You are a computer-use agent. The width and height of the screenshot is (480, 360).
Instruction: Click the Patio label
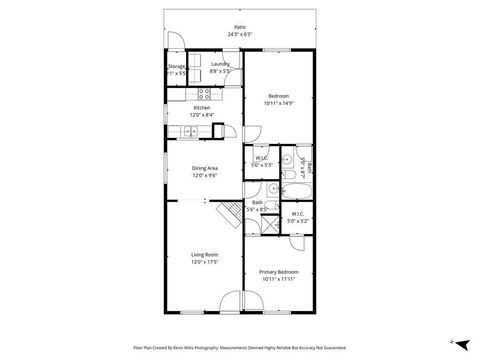click(239, 28)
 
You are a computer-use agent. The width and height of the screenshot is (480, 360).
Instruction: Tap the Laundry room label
click(221, 66)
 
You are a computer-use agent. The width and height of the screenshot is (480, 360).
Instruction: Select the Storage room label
click(176, 66)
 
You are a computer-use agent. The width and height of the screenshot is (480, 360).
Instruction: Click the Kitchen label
click(202, 108)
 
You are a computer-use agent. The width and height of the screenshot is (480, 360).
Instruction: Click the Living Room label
click(205, 255)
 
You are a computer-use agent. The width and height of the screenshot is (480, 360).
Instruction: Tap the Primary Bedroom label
click(278, 272)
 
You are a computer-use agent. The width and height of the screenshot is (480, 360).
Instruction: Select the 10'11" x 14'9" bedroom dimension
click(278, 103)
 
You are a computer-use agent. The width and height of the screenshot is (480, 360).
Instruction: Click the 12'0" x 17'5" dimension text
click(205, 262)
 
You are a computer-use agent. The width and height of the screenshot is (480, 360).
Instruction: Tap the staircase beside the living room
click(230, 211)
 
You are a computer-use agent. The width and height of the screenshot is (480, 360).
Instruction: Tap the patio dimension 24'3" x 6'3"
click(239, 35)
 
